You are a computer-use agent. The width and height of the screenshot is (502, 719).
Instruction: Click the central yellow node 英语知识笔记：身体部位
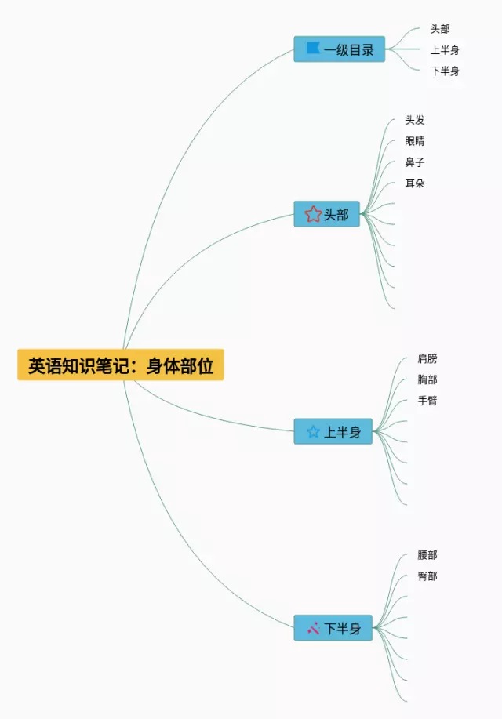[x=121, y=365]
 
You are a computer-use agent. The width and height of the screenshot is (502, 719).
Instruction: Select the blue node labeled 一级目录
[x=339, y=49]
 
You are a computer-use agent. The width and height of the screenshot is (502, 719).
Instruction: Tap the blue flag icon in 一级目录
[x=313, y=49]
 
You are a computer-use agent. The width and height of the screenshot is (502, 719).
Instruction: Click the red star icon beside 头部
[x=313, y=214]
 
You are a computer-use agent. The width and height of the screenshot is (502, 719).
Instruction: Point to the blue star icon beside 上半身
[x=313, y=431]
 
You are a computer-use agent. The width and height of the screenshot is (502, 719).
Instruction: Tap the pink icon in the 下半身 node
[x=313, y=628]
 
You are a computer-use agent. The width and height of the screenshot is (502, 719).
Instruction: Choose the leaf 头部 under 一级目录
[x=440, y=29]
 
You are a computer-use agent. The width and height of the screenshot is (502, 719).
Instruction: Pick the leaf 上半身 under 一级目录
[x=445, y=50]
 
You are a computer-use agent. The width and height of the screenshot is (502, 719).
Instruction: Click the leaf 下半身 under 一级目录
[x=445, y=71]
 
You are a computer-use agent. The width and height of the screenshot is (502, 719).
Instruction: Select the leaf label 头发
[x=415, y=120]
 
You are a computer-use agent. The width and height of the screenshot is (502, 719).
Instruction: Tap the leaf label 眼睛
[x=415, y=141]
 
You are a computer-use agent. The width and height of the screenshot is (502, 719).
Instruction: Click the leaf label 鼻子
[x=415, y=162]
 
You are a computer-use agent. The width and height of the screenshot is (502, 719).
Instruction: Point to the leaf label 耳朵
[x=415, y=183]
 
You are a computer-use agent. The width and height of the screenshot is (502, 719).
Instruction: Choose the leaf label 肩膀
[x=427, y=359]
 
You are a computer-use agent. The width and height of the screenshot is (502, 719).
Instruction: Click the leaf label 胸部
[x=427, y=380]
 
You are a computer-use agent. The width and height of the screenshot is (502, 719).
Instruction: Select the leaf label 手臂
[x=427, y=401]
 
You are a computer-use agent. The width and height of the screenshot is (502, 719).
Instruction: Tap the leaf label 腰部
[x=427, y=555]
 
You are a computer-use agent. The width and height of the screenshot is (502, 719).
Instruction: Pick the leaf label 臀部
[x=427, y=576]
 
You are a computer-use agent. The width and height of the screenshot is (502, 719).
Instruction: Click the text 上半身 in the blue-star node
[x=343, y=432]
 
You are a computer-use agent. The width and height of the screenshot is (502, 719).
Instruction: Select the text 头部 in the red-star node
[x=336, y=215]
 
